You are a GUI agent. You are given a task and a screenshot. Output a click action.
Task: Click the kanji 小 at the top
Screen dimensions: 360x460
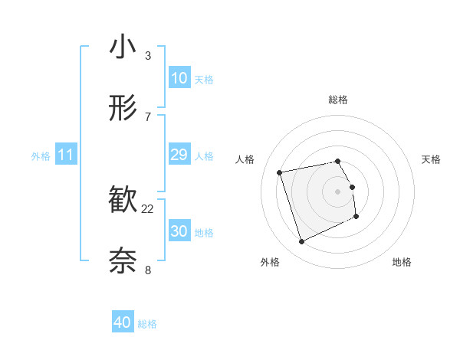click(123, 47)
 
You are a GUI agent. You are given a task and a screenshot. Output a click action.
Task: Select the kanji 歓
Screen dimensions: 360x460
click(123, 201)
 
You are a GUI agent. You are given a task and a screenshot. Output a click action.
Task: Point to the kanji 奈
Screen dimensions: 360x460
click(123, 261)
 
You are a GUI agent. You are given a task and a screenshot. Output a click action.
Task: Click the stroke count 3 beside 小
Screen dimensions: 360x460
click(148, 55)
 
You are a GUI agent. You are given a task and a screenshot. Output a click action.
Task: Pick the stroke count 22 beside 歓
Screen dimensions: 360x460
click(148, 208)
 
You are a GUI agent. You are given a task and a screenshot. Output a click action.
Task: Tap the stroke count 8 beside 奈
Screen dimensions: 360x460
click(148, 269)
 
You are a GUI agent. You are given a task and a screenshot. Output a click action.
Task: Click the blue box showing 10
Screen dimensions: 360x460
click(179, 78)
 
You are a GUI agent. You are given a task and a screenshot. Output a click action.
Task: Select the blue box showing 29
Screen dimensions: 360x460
click(179, 155)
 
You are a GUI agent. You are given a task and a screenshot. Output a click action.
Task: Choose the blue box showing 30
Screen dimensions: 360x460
click(179, 231)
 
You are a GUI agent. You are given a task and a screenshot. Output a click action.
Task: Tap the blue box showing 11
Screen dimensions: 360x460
click(66, 155)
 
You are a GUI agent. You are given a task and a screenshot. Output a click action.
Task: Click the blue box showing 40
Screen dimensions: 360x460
click(123, 322)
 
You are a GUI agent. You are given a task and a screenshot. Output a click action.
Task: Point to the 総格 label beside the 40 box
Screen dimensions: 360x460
click(147, 324)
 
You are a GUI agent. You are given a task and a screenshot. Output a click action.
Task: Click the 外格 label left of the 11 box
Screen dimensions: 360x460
click(41, 156)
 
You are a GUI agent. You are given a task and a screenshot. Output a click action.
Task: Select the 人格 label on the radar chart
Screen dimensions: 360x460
click(245, 159)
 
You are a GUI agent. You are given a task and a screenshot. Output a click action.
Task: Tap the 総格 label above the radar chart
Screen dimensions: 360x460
click(338, 100)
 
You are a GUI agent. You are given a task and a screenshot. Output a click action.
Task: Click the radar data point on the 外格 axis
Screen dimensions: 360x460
click(301, 242)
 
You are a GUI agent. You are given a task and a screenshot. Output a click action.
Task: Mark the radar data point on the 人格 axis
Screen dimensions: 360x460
click(280, 172)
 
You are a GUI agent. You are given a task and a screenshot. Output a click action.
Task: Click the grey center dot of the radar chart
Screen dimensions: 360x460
click(338, 191)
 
